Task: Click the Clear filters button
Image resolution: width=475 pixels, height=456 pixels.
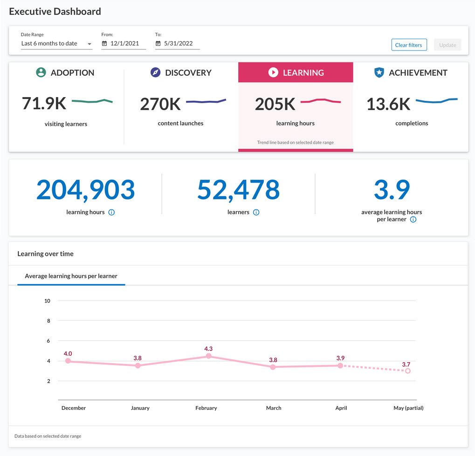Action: [409, 45]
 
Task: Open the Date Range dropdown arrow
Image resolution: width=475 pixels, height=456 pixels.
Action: [89, 44]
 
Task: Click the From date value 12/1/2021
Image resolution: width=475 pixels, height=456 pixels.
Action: [124, 43]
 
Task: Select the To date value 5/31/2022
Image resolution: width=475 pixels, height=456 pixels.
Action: [178, 43]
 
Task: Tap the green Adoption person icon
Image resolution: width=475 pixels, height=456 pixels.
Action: [41, 72]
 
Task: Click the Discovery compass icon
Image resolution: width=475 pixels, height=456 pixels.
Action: [155, 72]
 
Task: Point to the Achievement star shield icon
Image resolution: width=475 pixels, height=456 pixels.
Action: [379, 72]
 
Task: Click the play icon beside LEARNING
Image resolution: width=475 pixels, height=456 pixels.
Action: [273, 72]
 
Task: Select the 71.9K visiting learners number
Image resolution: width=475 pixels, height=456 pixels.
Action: [44, 103]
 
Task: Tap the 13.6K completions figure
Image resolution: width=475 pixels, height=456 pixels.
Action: [388, 104]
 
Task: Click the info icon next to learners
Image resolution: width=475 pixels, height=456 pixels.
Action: [256, 212]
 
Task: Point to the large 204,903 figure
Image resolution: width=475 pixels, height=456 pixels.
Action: [85, 190]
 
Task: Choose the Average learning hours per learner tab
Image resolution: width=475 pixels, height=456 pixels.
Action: [71, 276]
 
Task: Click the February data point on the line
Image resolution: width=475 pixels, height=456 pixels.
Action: [208, 356]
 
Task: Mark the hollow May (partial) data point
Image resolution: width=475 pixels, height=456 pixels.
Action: [408, 371]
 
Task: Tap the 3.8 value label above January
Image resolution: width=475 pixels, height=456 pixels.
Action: [138, 358]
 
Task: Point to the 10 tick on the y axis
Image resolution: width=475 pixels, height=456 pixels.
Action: [47, 301]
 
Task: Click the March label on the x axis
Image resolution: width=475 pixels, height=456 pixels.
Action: [274, 408]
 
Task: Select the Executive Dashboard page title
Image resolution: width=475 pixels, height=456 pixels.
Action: [55, 12]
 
